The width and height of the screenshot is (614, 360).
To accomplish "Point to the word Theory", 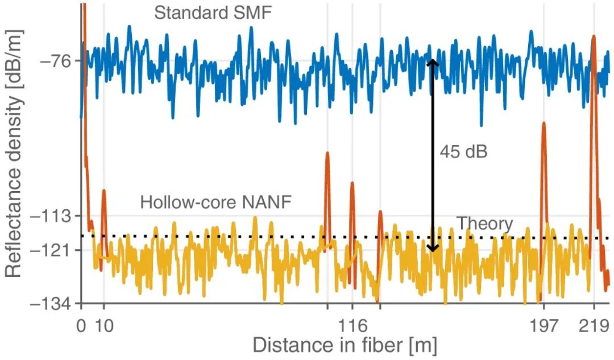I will (485, 224).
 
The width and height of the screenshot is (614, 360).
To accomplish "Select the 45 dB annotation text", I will (463, 152).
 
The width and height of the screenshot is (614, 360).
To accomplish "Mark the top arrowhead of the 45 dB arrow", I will (433, 61).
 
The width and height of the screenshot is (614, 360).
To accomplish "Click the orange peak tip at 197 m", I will (544, 123).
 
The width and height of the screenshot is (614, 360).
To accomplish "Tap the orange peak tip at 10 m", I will (103, 191).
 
